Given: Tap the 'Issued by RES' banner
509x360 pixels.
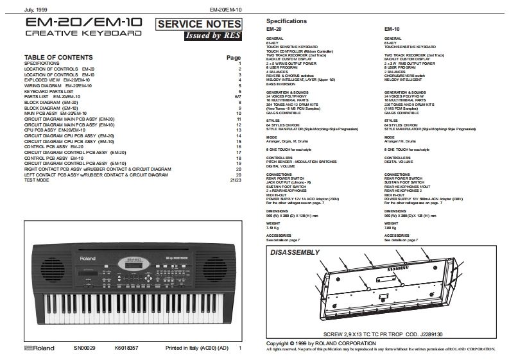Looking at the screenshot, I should [x=205, y=36].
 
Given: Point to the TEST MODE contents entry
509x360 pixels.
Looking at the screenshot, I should [x=37, y=180].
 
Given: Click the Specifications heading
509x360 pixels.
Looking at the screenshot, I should [x=286, y=21].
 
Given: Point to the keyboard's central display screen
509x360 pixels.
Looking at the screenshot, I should [x=134, y=263].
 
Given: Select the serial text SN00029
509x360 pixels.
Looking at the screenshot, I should [x=84, y=348].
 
